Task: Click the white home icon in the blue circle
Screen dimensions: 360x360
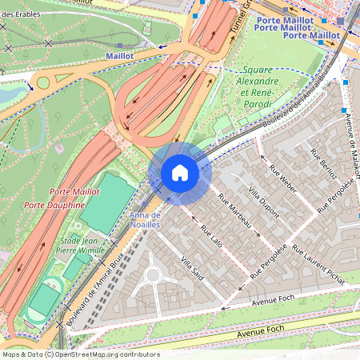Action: (179, 173)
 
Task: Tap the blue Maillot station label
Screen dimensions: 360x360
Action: (119, 56)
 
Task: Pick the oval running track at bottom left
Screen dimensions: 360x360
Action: (44, 300)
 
